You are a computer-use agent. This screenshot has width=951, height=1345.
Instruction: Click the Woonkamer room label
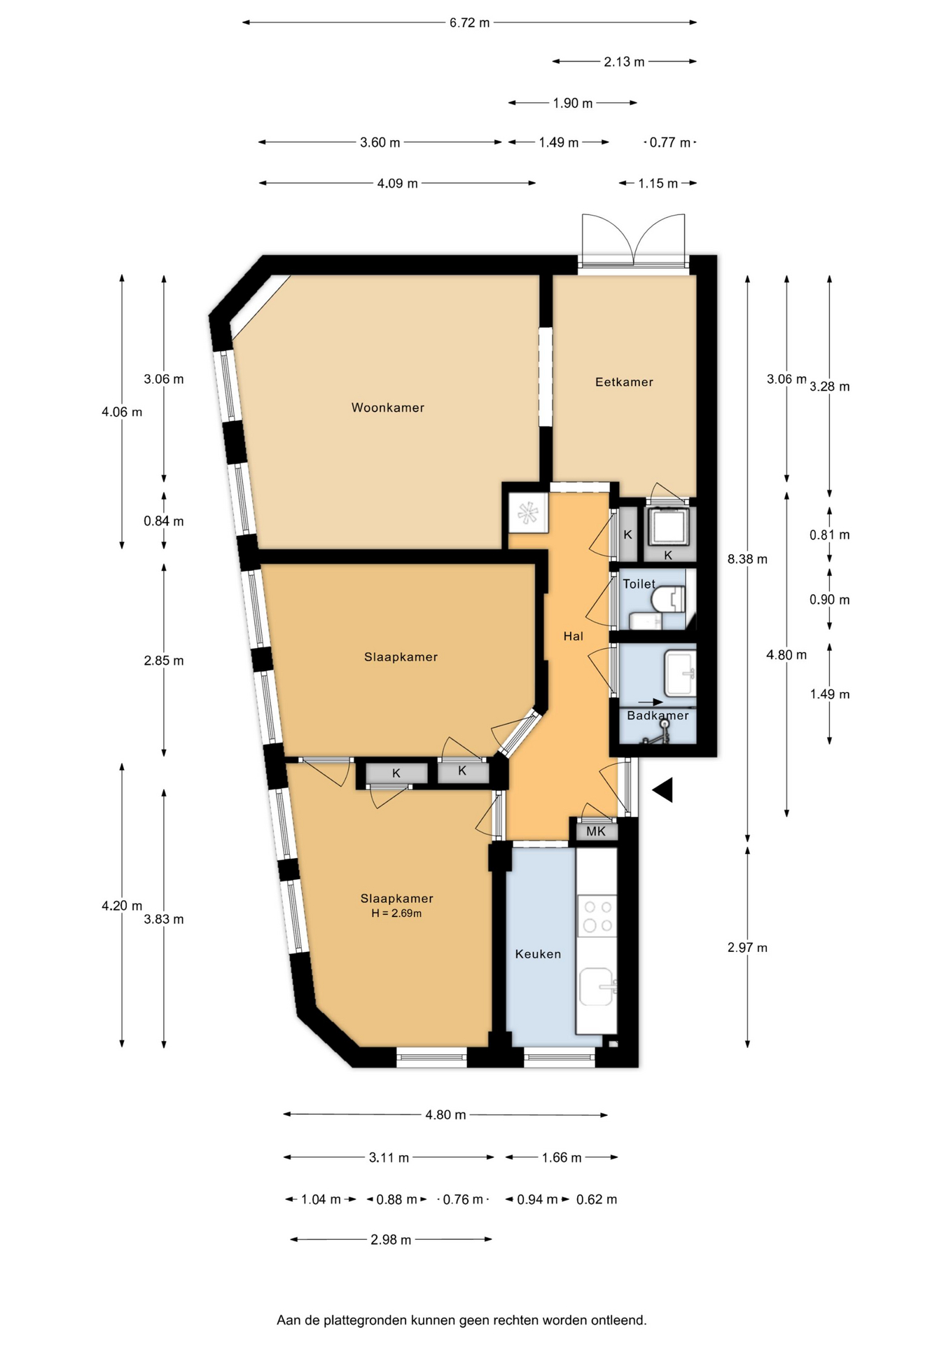(x=387, y=408)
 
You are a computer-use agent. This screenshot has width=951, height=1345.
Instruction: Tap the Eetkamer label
(x=624, y=382)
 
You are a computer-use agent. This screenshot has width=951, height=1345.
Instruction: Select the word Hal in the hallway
(x=573, y=636)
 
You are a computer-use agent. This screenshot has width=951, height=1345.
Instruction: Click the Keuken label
(x=538, y=953)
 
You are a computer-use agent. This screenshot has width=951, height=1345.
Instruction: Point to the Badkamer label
(x=658, y=715)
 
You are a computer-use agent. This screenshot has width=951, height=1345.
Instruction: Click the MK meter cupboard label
(x=596, y=832)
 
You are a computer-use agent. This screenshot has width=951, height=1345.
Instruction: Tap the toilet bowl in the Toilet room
(x=668, y=599)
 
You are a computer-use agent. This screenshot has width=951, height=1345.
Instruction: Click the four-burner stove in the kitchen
(x=597, y=916)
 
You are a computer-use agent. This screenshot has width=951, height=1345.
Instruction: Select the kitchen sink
(x=597, y=986)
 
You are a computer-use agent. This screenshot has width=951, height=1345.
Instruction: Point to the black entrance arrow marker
(x=663, y=789)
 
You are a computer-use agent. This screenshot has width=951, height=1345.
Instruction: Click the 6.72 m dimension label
(x=469, y=22)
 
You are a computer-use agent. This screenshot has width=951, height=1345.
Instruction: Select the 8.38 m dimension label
(x=747, y=559)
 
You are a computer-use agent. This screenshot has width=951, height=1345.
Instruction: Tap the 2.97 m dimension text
(x=747, y=948)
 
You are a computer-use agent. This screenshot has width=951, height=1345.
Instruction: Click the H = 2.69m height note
(x=396, y=913)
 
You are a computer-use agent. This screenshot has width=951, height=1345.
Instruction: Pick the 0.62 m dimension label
(x=597, y=1199)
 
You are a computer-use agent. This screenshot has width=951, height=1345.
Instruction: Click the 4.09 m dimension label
(x=397, y=184)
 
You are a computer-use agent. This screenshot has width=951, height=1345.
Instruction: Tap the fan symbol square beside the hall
(x=528, y=513)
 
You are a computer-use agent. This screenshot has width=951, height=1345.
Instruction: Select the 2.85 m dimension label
(x=164, y=661)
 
